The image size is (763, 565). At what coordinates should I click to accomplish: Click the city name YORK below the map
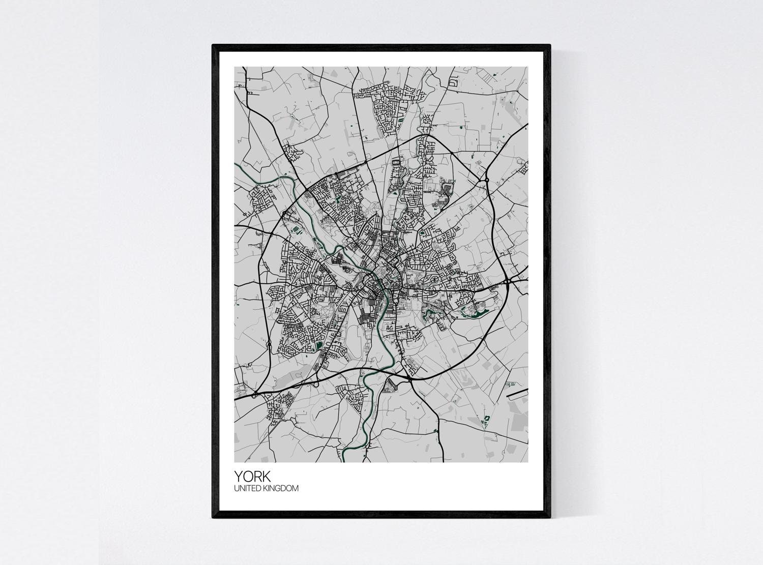tap(252, 476)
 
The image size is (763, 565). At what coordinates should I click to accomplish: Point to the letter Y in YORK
tap(238, 476)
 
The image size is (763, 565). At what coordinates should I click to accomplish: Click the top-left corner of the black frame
tap(214, 46)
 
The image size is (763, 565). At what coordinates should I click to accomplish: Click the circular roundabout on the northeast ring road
tap(487, 180)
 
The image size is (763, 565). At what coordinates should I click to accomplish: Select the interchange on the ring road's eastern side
tap(508, 281)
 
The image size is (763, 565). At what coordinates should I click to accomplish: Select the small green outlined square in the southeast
tap(486, 420)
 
